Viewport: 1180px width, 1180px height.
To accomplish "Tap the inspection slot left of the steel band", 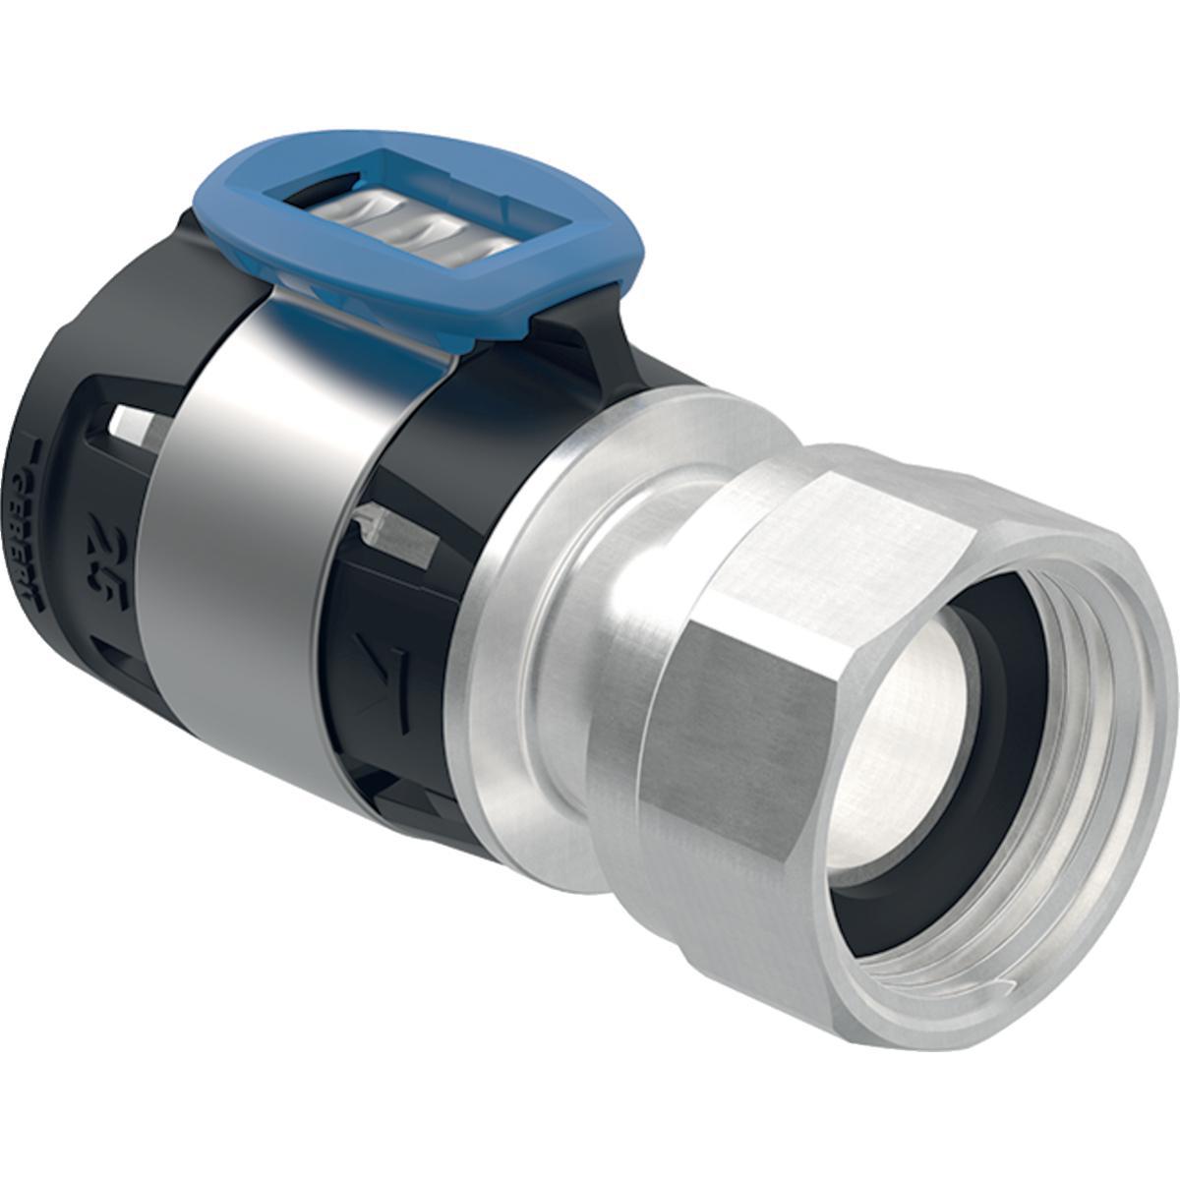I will click(134, 423).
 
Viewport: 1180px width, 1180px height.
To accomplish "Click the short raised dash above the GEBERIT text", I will click(39, 448).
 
